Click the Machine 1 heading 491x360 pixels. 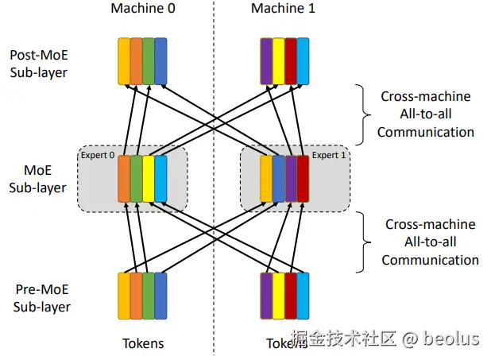tap(283, 9)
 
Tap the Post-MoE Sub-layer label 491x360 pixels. tap(39, 64)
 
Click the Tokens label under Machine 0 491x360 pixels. tap(143, 343)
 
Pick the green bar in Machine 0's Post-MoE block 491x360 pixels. tap(149, 60)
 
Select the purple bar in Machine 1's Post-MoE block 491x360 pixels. tap(266, 60)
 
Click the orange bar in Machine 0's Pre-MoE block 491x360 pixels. tap(136, 296)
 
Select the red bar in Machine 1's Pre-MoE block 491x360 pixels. tap(291, 296)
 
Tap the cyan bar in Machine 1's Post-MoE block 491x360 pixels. tap(303, 60)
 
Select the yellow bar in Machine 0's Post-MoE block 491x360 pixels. tap(124, 60)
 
